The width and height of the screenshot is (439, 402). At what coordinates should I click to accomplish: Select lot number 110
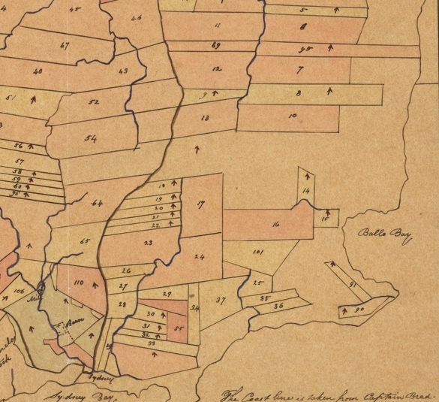point(80,283)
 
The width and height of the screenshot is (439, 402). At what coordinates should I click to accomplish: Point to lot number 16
point(276,224)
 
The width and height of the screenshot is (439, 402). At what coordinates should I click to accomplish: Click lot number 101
point(257,252)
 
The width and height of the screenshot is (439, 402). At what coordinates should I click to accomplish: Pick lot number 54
point(91,138)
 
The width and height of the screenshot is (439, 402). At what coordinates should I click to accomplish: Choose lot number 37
point(221,301)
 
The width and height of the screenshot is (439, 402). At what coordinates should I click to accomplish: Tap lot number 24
point(199,257)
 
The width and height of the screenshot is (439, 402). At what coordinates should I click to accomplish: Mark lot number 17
point(201,204)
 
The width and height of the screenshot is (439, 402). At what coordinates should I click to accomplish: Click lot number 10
point(292,116)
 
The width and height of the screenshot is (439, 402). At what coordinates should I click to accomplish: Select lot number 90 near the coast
point(359,309)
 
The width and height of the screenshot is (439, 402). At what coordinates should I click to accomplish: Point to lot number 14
point(305,192)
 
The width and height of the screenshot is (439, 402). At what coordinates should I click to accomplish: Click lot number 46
point(136,17)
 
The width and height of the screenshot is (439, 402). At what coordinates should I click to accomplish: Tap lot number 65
point(85,241)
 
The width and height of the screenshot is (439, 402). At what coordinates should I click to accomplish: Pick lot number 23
point(148,243)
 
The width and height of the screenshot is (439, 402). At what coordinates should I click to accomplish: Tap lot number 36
point(278,307)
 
